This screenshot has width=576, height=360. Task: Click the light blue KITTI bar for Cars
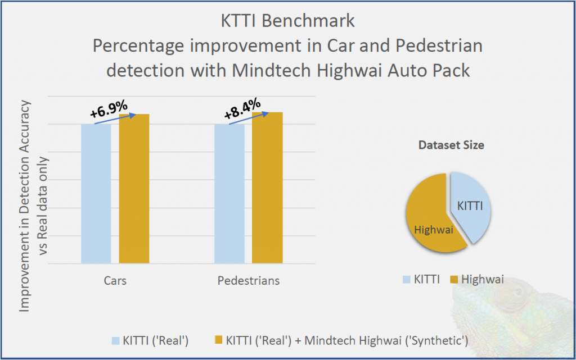pyautogui.click(x=96, y=193)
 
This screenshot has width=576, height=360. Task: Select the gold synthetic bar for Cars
pyautogui.click(x=134, y=189)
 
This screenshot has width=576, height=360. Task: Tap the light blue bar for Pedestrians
pyautogui.click(x=229, y=193)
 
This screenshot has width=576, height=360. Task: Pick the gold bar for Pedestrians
pyautogui.click(x=267, y=188)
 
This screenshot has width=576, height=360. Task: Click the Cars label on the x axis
pyautogui.click(x=115, y=280)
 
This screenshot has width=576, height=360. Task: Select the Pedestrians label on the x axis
pyautogui.click(x=248, y=280)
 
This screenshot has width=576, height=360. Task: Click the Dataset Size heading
pyautogui.click(x=451, y=145)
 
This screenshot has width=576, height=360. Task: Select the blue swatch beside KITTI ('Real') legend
pyautogui.click(x=116, y=340)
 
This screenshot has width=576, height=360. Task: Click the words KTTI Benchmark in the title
pyautogui.click(x=287, y=21)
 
